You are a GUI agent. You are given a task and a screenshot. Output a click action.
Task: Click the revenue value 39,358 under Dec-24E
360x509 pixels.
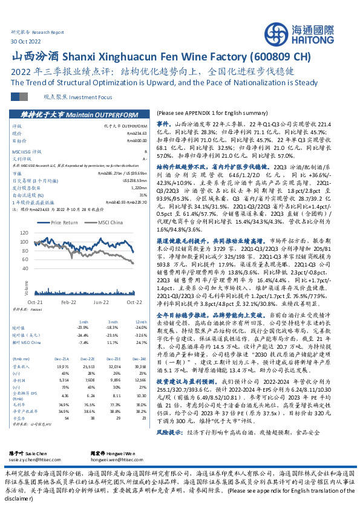click(141, 349)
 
